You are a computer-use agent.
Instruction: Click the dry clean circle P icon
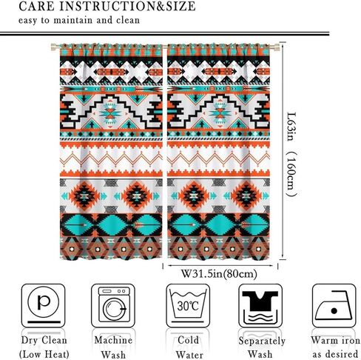[44, 305]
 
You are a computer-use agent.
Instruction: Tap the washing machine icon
[114, 305]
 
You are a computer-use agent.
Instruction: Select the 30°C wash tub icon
[188, 305]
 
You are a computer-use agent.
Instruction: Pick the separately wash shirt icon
[260, 305]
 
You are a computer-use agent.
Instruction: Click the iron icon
[334, 305]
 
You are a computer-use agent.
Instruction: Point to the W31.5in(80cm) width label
[219, 274]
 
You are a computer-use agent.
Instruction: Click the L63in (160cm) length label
[291, 155]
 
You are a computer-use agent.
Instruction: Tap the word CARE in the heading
[36, 6]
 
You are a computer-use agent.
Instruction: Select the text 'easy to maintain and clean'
[79, 20]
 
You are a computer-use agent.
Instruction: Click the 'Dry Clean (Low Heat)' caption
[44, 347]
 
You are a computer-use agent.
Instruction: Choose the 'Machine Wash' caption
[113, 347]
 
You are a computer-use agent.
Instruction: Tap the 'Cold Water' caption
[189, 347]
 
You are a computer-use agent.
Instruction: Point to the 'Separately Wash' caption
[261, 347]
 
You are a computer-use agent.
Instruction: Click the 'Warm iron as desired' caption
[335, 347]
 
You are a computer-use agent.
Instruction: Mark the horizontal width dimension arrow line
[220, 266]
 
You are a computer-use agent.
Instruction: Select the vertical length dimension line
[283, 151]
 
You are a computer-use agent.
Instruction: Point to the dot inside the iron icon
[334, 310]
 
